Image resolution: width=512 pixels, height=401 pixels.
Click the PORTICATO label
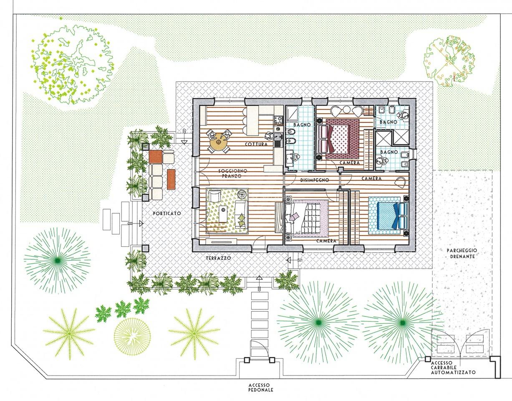(x=167, y=213)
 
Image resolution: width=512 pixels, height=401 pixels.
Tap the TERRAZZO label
(x=218, y=258)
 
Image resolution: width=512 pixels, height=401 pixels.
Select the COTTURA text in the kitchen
(x=256, y=144)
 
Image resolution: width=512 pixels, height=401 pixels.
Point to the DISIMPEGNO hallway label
(x=315, y=180)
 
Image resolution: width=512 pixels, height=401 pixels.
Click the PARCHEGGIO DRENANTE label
(x=462, y=254)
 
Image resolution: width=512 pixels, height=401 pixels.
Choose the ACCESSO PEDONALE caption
(x=261, y=388)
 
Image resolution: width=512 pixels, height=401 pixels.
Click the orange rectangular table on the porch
(x=171, y=179)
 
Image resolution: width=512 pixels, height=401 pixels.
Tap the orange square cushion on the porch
(x=156, y=157)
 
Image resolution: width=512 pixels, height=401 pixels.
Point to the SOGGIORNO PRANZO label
(x=232, y=173)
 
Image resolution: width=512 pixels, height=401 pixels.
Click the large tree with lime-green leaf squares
(x=73, y=65)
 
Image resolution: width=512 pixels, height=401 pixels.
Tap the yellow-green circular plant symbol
(x=132, y=336)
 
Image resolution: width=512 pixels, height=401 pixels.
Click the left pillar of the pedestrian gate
(x=247, y=360)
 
